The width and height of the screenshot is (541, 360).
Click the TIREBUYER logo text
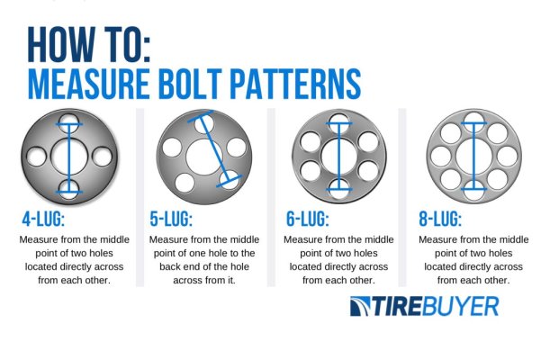pos(423,305)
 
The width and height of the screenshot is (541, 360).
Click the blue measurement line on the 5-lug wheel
pos(216,148)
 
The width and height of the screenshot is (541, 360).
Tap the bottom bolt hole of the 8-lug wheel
pos(473,188)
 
